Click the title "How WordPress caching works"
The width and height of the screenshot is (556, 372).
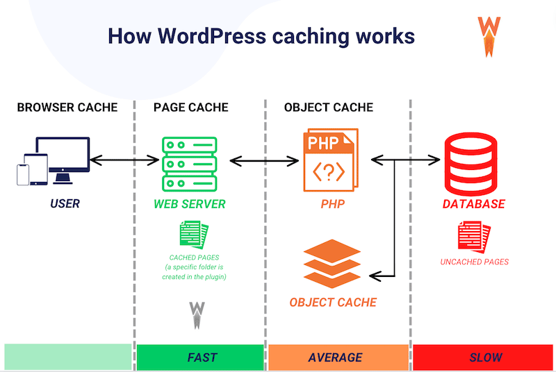pyautogui.click(x=261, y=36)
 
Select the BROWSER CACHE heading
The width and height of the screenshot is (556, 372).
pyautogui.click(x=67, y=108)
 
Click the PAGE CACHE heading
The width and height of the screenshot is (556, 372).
pyautogui.click(x=190, y=108)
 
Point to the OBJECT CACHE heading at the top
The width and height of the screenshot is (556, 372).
pyautogui.click(x=329, y=108)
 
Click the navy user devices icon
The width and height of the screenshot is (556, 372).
pyautogui.click(x=54, y=161)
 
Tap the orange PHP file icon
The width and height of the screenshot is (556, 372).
pyautogui.click(x=330, y=160)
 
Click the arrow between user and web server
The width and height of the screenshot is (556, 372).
pyautogui.click(x=124, y=161)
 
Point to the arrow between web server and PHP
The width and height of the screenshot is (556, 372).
pyautogui.click(x=263, y=161)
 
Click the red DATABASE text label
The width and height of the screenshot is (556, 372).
pyautogui.click(x=474, y=205)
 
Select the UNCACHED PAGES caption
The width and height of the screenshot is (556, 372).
pyautogui.click(x=474, y=262)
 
